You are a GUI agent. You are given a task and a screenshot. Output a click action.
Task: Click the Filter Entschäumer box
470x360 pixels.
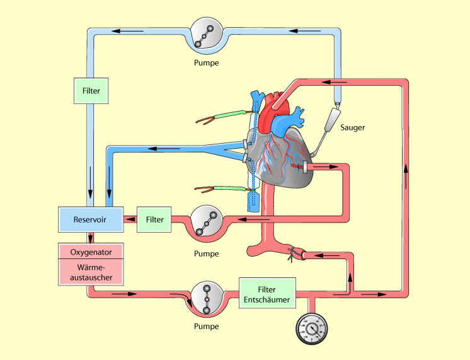267,294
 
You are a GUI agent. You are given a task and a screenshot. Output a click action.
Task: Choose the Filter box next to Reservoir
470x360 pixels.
154,219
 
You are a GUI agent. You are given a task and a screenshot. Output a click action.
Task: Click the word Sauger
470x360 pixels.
352,127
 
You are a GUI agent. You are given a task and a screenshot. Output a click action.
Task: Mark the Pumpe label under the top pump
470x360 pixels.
207,63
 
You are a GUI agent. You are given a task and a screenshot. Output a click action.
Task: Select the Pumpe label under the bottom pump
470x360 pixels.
207,327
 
